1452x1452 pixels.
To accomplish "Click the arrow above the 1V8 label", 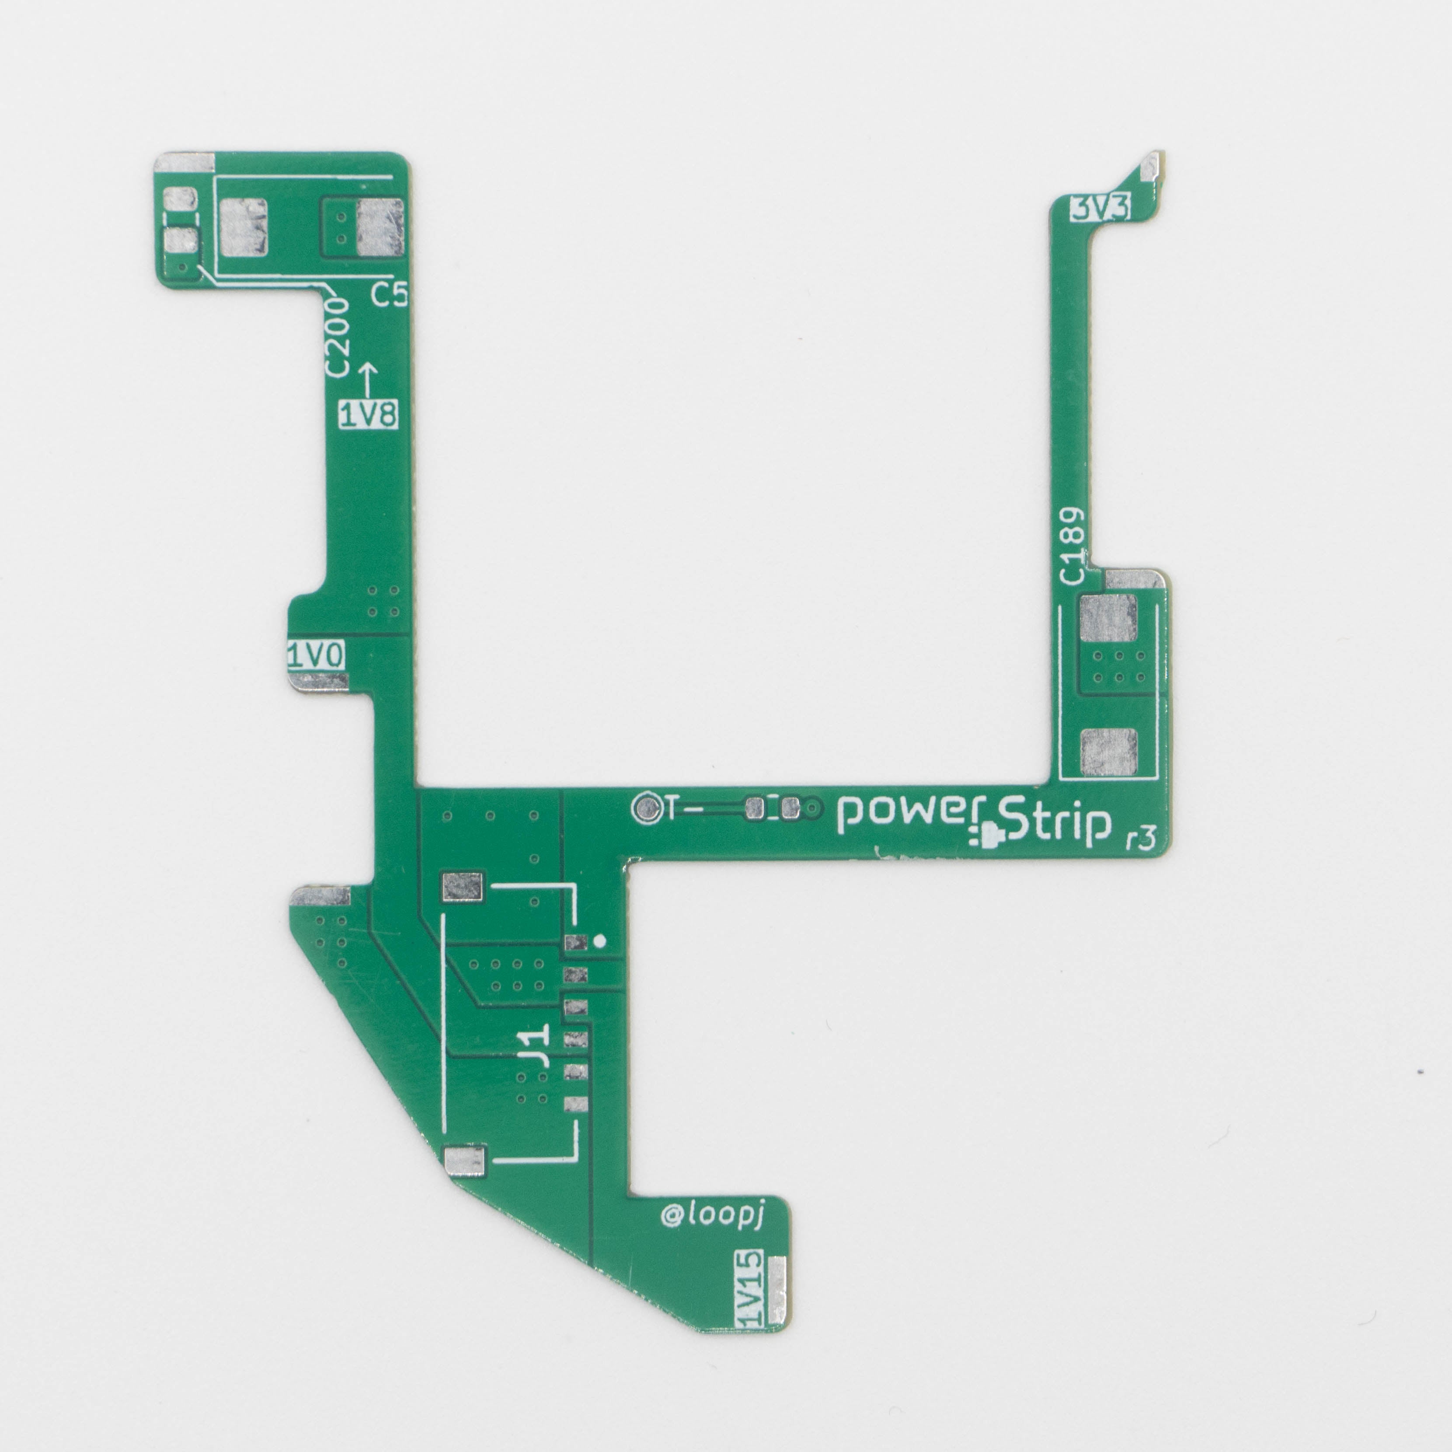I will [368, 380].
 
